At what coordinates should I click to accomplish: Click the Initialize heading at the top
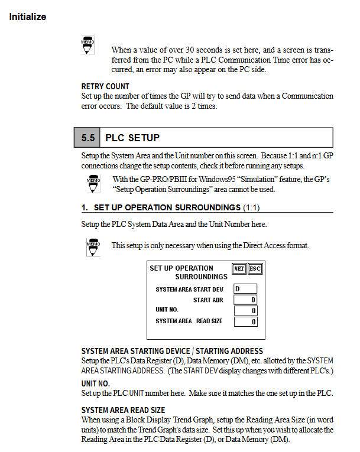pos(28,17)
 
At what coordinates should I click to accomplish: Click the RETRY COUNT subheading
pos(105,86)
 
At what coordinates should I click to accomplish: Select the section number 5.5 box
pos(87,138)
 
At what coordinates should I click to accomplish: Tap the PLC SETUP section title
pos(132,138)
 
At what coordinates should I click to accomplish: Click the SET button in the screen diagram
pos(239,268)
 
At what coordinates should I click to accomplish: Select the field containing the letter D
pos(245,289)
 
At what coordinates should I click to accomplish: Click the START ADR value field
pos(245,300)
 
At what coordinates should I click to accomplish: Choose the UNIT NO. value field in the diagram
pos(245,311)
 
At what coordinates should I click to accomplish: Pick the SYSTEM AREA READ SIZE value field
pos(245,322)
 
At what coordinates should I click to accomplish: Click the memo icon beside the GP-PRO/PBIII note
pos(92,183)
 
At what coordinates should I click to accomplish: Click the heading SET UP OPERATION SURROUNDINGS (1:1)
pos(171,207)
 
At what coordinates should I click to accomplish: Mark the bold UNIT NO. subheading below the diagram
pos(95,383)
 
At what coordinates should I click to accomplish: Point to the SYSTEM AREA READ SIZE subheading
pos(123,409)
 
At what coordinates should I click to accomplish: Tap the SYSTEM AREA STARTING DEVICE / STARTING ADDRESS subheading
pos(172,351)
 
